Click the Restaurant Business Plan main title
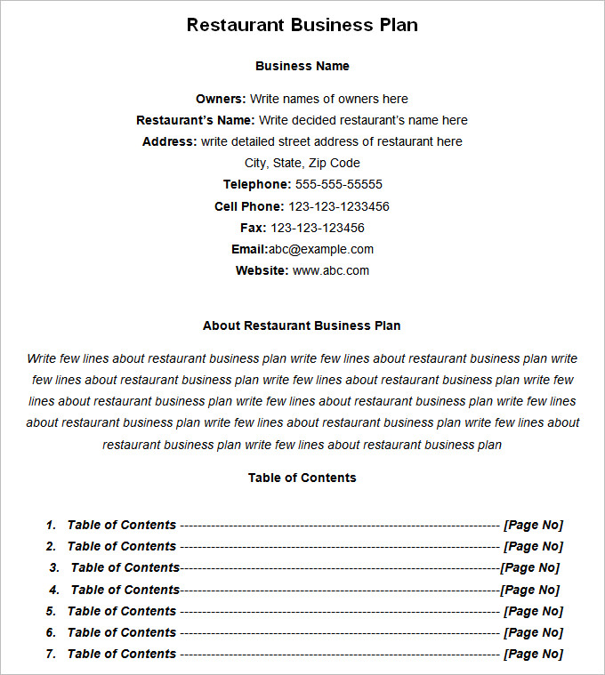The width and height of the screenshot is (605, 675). tap(302, 25)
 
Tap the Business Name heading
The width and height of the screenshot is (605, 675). tap(302, 66)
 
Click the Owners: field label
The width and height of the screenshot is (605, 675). tap(221, 99)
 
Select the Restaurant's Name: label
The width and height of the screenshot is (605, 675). tap(195, 120)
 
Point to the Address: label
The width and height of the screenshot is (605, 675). tap(169, 141)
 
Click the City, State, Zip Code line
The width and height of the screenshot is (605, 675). tap(302, 163)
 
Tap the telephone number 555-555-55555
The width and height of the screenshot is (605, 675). tap(338, 184)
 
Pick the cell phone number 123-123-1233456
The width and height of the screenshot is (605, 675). tap(338, 206)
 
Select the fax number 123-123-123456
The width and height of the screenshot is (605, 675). tap(317, 228)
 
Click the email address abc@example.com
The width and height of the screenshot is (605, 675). tap(321, 249)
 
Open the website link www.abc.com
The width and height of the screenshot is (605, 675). tap(330, 270)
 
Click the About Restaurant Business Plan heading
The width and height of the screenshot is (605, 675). tap(302, 325)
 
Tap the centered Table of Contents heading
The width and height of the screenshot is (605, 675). tap(302, 478)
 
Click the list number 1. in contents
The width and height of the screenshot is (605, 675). tap(51, 525)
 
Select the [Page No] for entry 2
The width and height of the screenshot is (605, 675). tap(533, 546)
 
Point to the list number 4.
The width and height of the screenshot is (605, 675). tap(54, 590)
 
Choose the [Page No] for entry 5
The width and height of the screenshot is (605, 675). tap(533, 611)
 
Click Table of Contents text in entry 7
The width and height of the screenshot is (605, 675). tap(121, 654)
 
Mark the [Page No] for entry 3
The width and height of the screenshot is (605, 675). tap(529, 567)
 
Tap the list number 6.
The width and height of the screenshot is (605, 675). tap(51, 632)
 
